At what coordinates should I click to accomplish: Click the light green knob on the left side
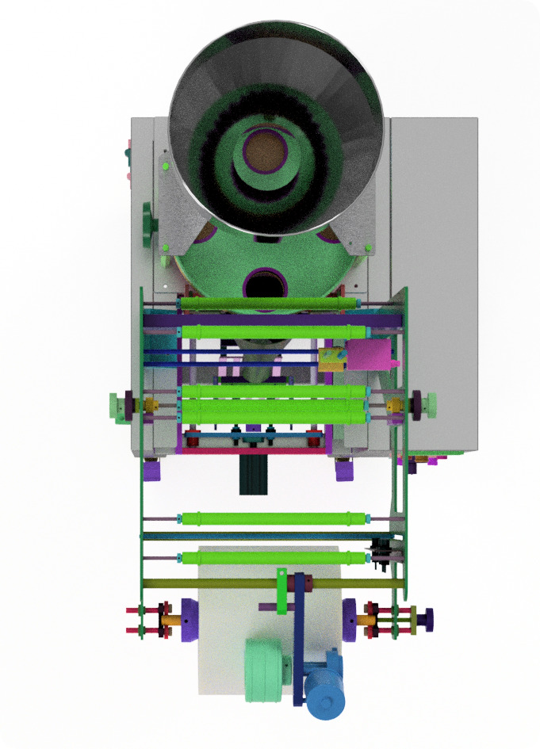pyautogui.click(x=119, y=407)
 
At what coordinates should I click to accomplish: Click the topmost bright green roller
pyautogui.click(x=270, y=304)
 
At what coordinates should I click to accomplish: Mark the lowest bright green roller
pyautogui.click(x=274, y=559)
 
